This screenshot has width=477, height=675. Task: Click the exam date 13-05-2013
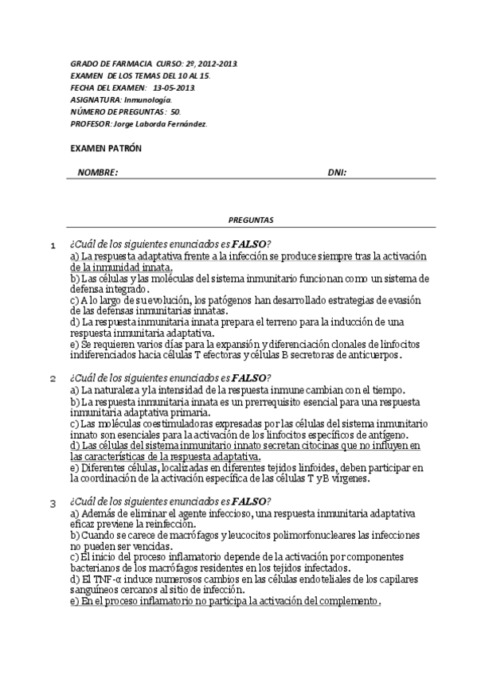click(174, 88)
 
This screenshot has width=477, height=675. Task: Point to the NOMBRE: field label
click(98, 173)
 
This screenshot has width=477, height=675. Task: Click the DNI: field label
click(337, 173)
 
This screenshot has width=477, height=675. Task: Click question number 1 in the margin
click(53, 245)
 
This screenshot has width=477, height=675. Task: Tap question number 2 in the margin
click(53, 379)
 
